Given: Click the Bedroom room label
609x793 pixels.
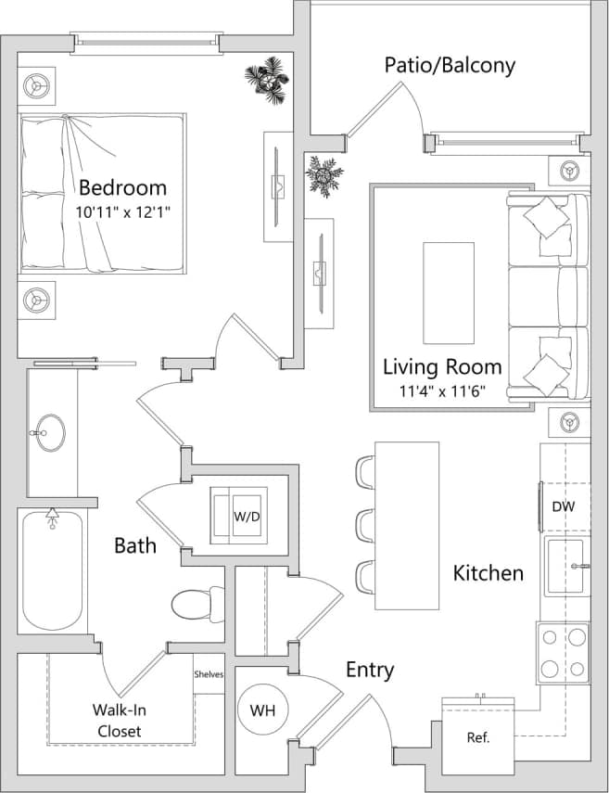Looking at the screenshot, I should [122, 186].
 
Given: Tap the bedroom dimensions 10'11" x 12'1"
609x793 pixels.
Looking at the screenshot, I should [122, 211].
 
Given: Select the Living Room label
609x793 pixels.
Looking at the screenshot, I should [442, 366].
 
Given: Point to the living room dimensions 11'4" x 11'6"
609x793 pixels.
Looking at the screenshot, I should [442, 391].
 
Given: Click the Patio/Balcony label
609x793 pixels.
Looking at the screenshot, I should [450, 65].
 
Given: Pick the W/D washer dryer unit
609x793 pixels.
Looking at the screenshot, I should [240, 515].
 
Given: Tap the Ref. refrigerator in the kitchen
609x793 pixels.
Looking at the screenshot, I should [477, 737].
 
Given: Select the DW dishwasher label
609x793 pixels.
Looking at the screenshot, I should [564, 506].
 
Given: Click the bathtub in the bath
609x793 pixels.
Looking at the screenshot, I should [52, 570].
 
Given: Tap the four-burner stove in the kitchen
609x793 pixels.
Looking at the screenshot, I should [564, 652].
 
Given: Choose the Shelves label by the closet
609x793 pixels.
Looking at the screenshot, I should [209, 674].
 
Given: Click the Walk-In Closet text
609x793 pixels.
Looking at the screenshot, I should [118, 721].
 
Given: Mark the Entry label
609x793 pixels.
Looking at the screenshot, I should [370, 670].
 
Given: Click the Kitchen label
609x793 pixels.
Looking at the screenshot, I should [488, 573].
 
